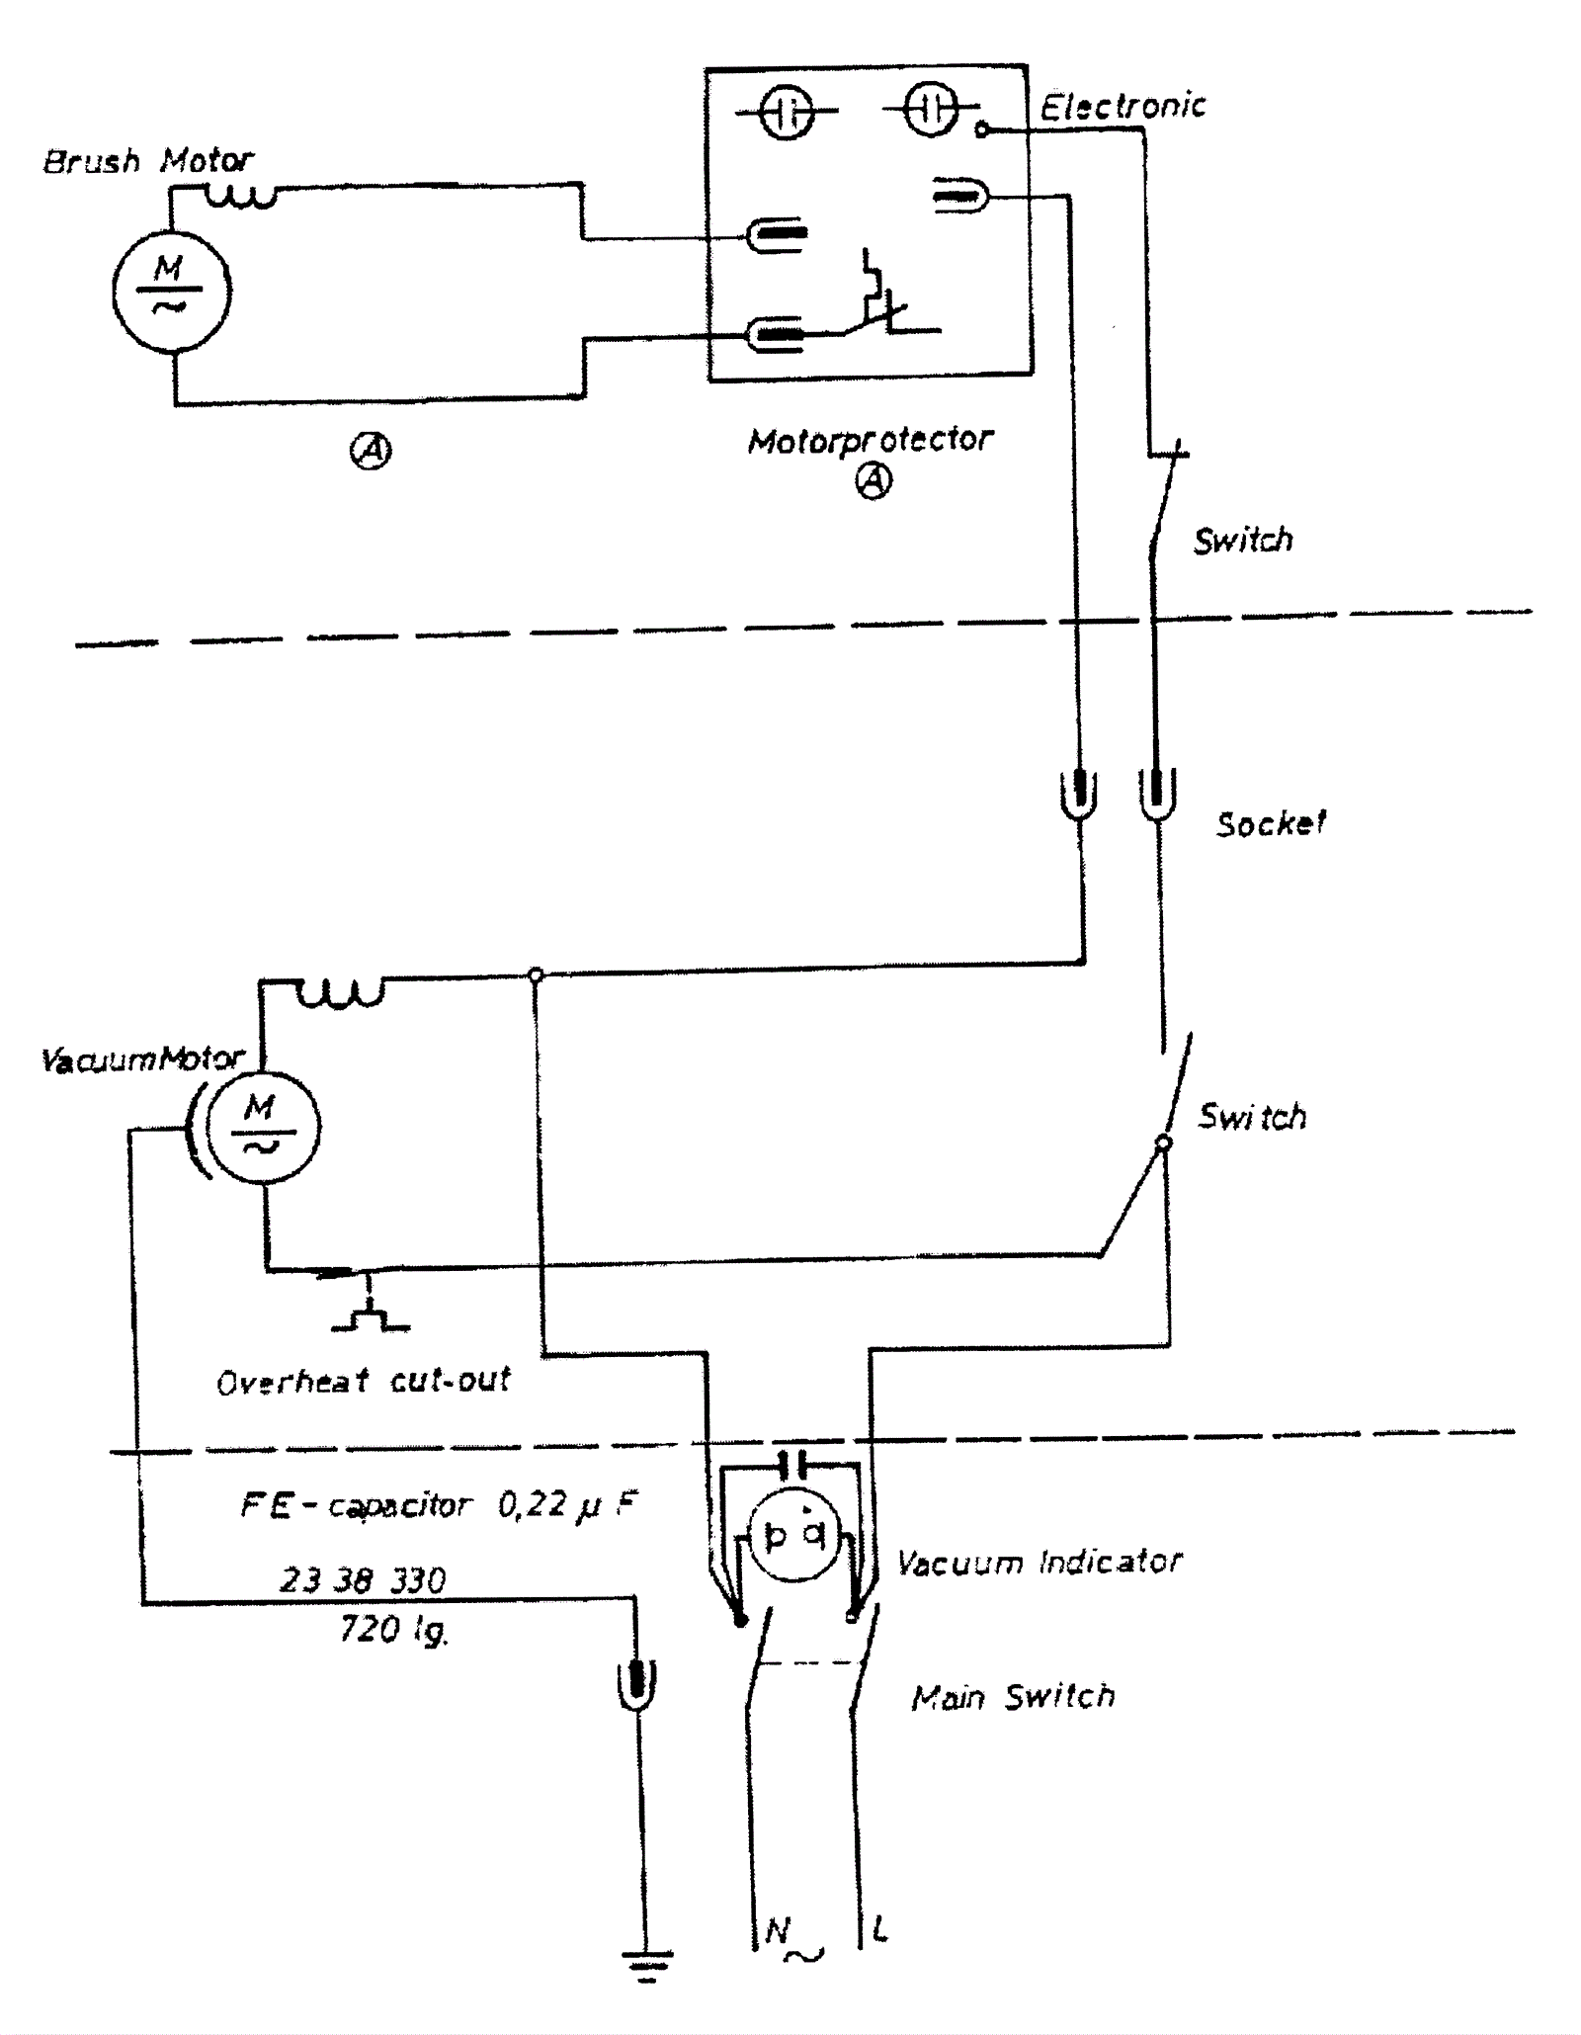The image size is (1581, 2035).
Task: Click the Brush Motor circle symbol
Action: pyautogui.click(x=172, y=292)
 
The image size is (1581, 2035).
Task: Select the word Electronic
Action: pyautogui.click(x=1123, y=107)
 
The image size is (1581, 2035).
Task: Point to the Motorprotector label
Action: pyautogui.click(x=870, y=440)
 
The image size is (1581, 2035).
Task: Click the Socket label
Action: pyautogui.click(x=1271, y=823)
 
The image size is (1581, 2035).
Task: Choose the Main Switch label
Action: pyautogui.click(x=1013, y=1696)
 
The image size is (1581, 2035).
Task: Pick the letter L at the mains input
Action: pyautogui.click(x=879, y=1928)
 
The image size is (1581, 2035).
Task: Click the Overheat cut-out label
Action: pyautogui.click(x=364, y=1381)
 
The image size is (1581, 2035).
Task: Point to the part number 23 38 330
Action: pyautogui.click(x=363, y=1579)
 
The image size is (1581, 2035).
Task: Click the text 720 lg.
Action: pyautogui.click(x=393, y=1629)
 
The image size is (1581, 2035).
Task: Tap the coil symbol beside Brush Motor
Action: pyautogui.click(x=240, y=198)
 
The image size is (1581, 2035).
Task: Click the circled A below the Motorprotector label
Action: pyautogui.click(x=873, y=481)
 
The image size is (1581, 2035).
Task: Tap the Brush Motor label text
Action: pyautogui.click(x=148, y=161)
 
